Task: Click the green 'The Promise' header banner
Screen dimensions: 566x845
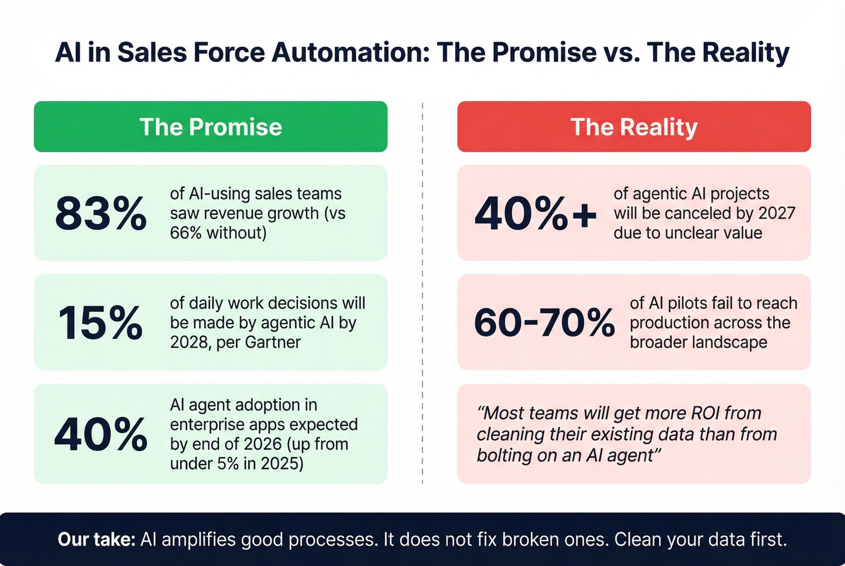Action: pyautogui.click(x=211, y=127)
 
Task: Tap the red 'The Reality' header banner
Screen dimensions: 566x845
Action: pyautogui.click(x=634, y=127)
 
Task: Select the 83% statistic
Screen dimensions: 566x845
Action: pyautogui.click(x=101, y=213)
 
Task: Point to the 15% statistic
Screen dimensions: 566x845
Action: pyautogui.click(x=101, y=322)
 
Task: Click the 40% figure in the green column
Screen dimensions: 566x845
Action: pyautogui.click(x=101, y=434)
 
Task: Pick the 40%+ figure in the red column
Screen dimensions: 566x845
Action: pyautogui.click(x=535, y=213)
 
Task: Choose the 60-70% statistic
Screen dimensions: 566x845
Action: pyautogui.click(x=544, y=322)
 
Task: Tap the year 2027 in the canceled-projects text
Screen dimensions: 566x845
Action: pyautogui.click(x=776, y=213)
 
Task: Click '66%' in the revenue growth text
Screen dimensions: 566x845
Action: pyautogui.click(x=186, y=233)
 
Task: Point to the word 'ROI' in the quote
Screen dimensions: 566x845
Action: pyautogui.click(x=698, y=413)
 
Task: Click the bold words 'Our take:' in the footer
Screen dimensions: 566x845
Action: pyautogui.click(x=97, y=539)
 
